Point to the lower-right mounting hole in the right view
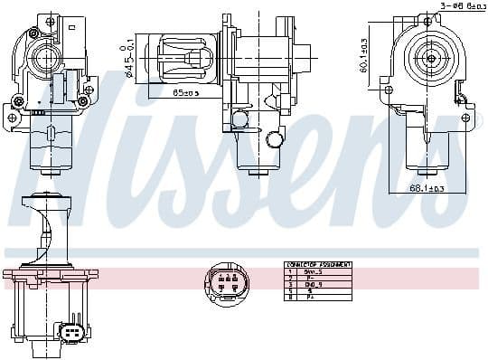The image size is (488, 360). (x=465, y=118)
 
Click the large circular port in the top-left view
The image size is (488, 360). (x=42, y=61)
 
